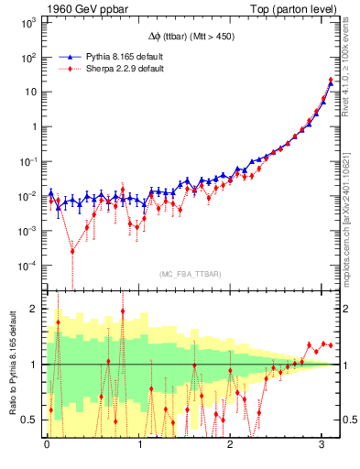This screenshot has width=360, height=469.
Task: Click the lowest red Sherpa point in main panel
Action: point(72,250)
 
